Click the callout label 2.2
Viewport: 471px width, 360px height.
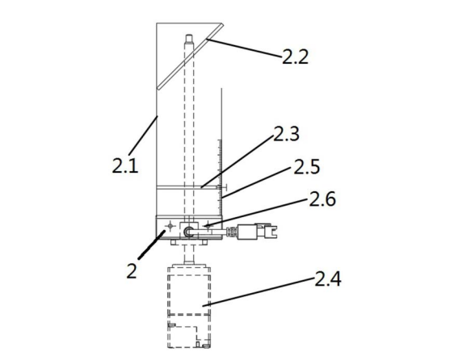point(295,57)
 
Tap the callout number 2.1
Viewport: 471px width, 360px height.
point(125,165)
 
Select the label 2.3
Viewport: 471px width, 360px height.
point(286,133)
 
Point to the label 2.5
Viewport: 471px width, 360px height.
point(307,167)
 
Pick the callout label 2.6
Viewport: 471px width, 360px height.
point(322,199)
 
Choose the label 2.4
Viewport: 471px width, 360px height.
point(328,278)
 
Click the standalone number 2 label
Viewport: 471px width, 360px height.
point(132,271)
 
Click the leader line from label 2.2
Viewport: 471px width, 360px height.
point(244,48)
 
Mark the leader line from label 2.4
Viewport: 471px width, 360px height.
point(259,292)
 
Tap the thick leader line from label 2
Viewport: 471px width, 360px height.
point(151,245)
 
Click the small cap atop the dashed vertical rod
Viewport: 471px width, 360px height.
point(189,40)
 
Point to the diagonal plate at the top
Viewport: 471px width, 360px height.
point(190,57)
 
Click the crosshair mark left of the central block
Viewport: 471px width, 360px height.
point(170,225)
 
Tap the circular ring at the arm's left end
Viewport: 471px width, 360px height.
point(188,232)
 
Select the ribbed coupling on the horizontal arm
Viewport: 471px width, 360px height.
point(231,232)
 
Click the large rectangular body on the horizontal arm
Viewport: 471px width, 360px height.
point(246,232)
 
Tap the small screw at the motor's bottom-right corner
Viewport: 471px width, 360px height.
point(206,346)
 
